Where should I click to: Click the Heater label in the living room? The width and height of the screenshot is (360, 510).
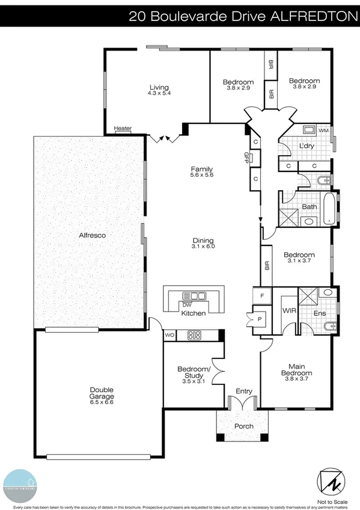123,128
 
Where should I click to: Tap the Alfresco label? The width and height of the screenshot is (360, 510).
93,236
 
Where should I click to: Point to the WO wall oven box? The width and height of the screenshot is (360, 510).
169,335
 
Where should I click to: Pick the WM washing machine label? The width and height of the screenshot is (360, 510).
323,131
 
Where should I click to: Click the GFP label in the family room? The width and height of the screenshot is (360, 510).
246,158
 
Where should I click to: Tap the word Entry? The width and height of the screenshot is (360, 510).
244,392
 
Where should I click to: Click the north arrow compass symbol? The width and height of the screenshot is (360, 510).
330,480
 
